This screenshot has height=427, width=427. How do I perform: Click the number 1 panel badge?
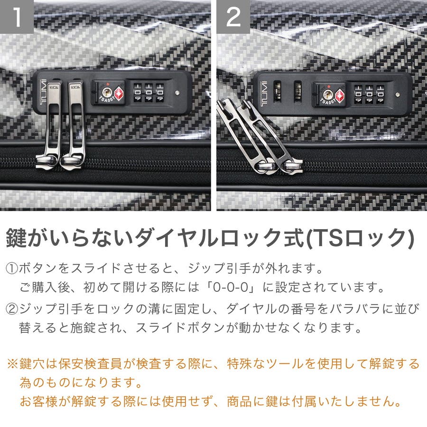point(17,17)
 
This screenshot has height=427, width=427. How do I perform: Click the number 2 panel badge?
point(233,17)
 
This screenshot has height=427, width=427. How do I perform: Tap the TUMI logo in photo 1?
point(44,92)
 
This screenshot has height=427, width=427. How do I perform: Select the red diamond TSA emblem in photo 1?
point(119,93)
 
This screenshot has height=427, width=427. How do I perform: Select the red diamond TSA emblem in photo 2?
point(340,96)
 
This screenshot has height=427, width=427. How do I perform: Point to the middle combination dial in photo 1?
point(149,93)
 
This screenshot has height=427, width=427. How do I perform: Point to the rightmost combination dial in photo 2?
point(380,95)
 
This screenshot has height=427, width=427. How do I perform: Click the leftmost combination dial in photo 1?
point(137,93)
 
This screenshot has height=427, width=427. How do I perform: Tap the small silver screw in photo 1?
point(177,93)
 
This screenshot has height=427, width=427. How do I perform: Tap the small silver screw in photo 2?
point(398,95)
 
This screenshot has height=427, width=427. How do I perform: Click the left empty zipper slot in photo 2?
point(277,91)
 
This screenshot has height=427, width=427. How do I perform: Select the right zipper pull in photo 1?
point(73,124)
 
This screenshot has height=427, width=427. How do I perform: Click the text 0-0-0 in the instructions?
point(231,288)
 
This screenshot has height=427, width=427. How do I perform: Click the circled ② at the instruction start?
point(12,309)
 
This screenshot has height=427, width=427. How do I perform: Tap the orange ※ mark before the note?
point(12,364)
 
